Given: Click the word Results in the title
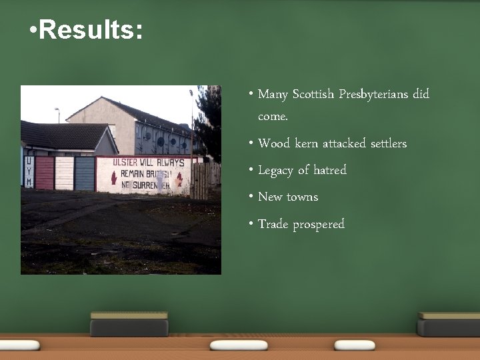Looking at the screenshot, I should click(x=91, y=30).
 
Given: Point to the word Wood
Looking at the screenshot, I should click(x=274, y=143).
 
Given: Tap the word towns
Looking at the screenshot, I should click(x=303, y=197).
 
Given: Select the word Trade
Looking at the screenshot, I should click(x=273, y=224).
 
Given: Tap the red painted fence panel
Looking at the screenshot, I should click(x=45, y=173).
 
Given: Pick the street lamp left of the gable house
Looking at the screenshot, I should click(x=58, y=115).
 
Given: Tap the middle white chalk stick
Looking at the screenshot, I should click(x=238, y=345).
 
